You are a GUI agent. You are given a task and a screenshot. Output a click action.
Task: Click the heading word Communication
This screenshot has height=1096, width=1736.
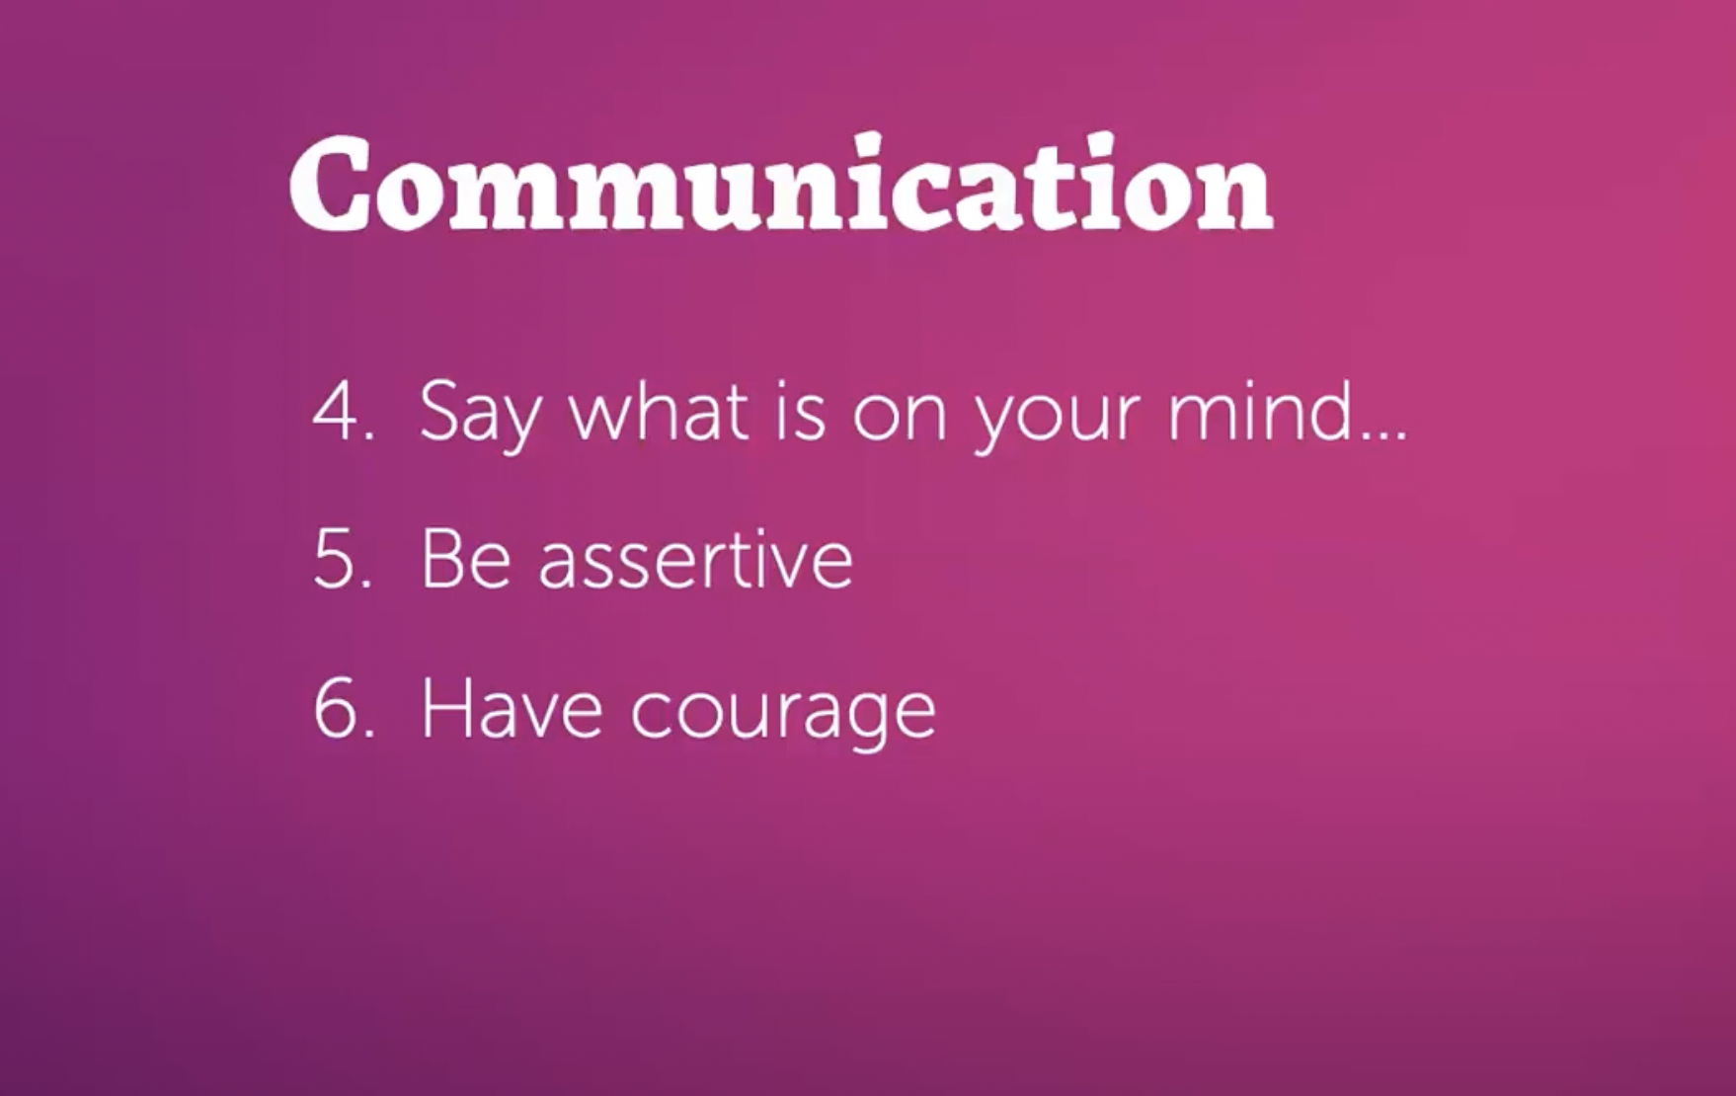(781, 185)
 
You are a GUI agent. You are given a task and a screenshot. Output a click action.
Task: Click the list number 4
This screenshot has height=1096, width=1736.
(334, 412)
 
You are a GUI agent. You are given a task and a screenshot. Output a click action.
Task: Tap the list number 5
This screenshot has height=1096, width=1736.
(334, 560)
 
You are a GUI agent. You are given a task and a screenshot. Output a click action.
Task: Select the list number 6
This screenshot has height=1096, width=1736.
(334, 709)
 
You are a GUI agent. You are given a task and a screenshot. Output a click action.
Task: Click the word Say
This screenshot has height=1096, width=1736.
(480, 415)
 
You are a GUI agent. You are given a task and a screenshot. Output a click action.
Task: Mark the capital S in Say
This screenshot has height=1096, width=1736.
(438, 411)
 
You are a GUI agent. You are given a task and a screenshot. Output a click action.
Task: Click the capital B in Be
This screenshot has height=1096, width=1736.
(442, 560)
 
